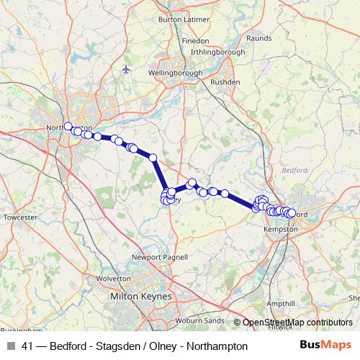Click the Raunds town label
(258, 37)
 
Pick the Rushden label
(219, 82)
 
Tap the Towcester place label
(19, 217)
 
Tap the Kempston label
(282, 228)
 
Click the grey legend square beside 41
(11, 346)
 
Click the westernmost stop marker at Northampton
(68, 127)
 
